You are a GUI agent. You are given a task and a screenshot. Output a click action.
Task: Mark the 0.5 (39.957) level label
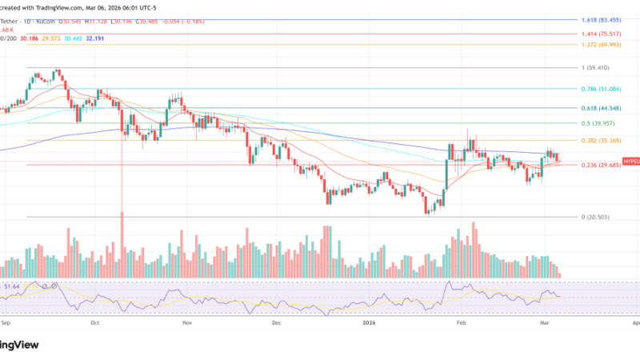[x=599, y=124]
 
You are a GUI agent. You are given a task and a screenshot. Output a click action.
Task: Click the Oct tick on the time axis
[x=94, y=323]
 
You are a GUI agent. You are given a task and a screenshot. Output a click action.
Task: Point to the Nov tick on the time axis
[x=186, y=323]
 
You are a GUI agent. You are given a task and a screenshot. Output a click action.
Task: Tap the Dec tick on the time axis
[x=276, y=323]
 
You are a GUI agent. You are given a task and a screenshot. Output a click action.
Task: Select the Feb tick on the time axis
[x=460, y=323]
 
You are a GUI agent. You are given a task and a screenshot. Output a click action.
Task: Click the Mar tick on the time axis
[x=544, y=323]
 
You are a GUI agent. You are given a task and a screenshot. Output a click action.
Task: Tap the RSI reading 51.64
[x=12, y=286]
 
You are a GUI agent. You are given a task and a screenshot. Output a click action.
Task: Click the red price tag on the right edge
[x=630, y=160]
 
